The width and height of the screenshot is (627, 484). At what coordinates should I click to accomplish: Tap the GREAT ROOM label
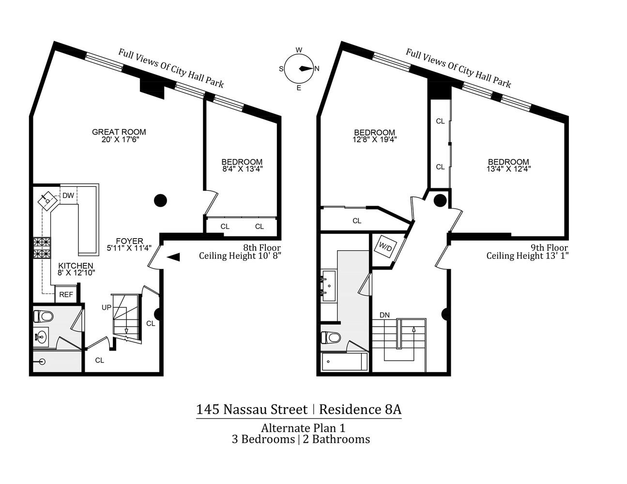(x=119, y=132)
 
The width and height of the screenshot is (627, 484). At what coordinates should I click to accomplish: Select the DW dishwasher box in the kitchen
(x=68, y=196)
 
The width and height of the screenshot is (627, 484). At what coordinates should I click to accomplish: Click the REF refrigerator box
(x=66, y=294)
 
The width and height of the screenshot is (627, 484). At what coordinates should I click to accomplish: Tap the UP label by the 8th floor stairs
(x=107, y=307)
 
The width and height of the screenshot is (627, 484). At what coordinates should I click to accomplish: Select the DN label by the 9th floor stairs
(x=384, y=315)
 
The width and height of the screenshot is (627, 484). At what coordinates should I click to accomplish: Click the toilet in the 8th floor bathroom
(x=43, y=317)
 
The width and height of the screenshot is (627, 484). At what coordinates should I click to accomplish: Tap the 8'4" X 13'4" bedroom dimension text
(x=242, y=169)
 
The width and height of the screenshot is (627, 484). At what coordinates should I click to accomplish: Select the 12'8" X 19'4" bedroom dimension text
(x=374, y=139)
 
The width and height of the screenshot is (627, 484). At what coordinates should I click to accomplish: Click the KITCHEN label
(x=76, y=266)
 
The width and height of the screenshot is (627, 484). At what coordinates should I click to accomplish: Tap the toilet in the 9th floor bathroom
(x=332, y=337)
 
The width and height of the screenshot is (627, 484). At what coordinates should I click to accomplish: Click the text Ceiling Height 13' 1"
(x=527, y=256)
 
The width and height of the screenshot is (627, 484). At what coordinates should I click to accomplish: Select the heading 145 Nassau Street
(x=252, y=409)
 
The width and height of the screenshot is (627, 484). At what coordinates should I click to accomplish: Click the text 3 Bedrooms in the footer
(x=263, y=439)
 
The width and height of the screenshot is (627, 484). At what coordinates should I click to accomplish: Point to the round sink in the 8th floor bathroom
(x=41, y=335)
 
